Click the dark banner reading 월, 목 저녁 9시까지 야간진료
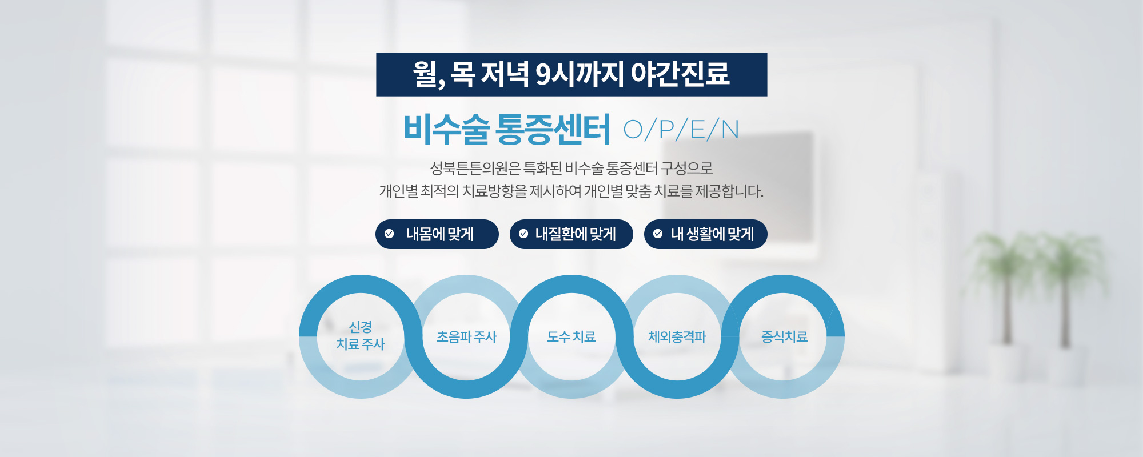pyautogui.click(x=571, y=74)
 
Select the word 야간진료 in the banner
pyautogui.click(x=680, y=74)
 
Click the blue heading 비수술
pyautogui.click(x=446, y=129)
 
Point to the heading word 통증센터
pyautogui.click(x=553, y=129)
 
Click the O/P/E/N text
pyautogui.click(x=681, y=130)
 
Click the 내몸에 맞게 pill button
pyautogui.click(x=437, y=234)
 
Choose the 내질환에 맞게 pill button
pyautogui.click(x=571, y=234)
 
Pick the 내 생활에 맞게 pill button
pyautogui.click(x=706, y=234)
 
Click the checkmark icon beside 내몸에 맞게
pyautogui.click(x=389, y=234)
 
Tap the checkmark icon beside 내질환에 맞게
pyautogui.click(x=523, y=234)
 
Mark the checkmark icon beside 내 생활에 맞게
pyautogui.click(x=658, y=234)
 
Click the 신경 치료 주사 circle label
pyautogui.click(x=361, y=335)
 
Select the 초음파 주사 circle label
pyautogui.click(x=466, y=337)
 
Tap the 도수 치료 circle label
pyautogui.click(x=571, y=337)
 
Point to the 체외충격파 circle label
pyautogui.click(x=677, y=337)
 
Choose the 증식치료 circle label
pyautogui.click(x=784, y=337)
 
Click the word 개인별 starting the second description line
pyautogui.click(x=398, y=191)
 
